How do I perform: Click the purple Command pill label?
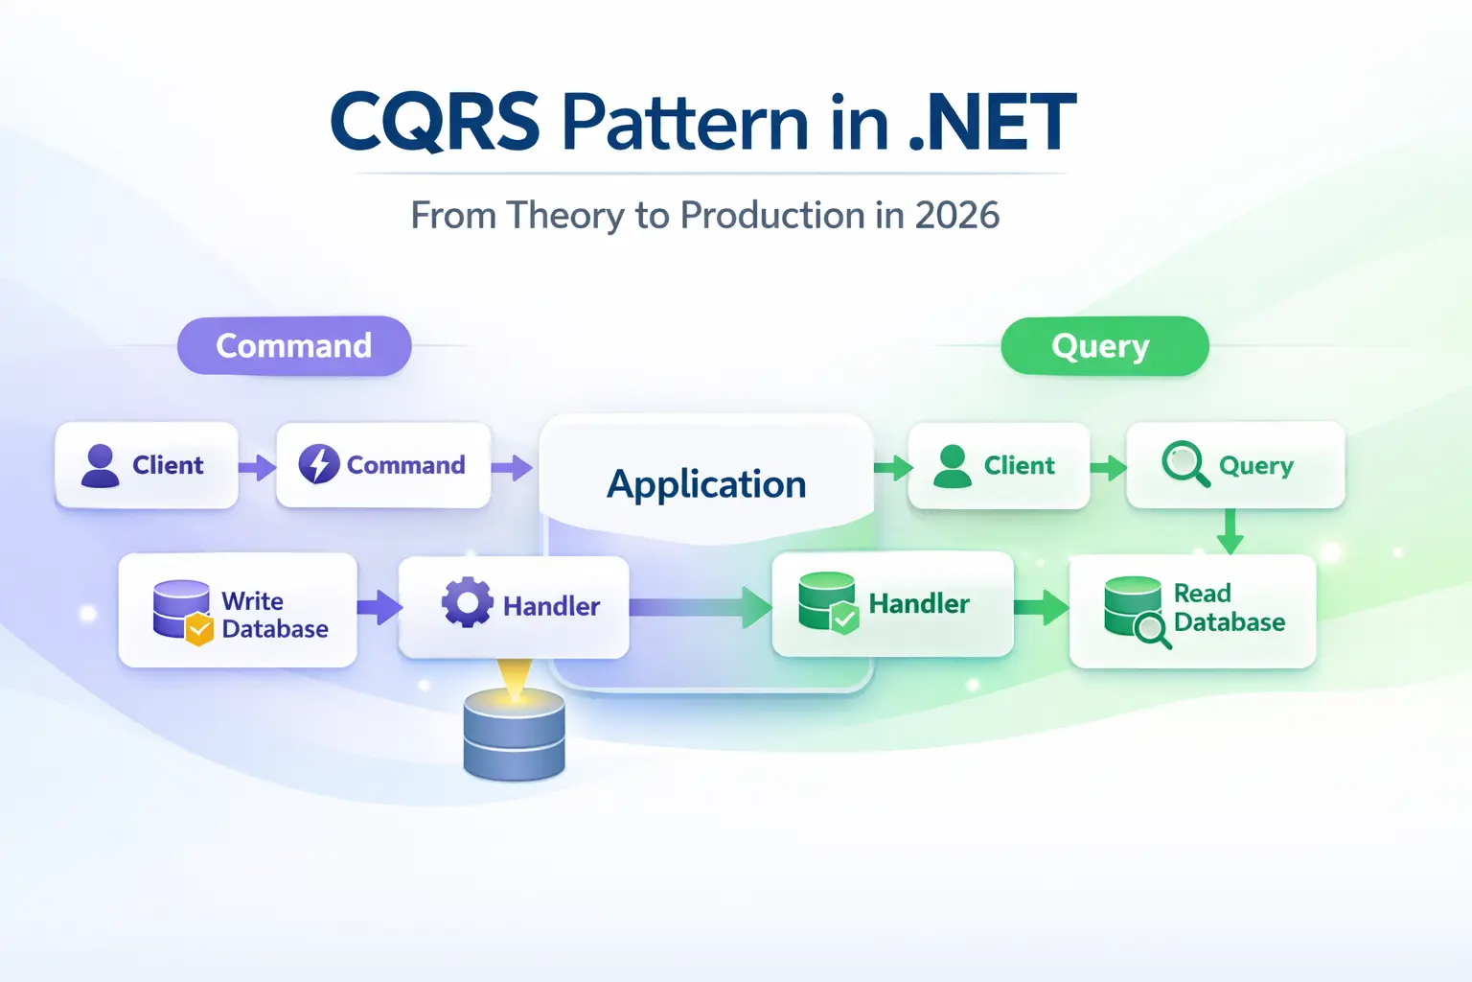coord(293,346)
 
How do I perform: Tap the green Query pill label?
coord(1103,346)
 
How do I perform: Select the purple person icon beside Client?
coord(100,466)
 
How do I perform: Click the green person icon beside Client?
coord(952,466)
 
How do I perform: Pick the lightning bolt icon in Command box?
coord(319,465)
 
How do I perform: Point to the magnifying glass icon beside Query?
coord(1184,464)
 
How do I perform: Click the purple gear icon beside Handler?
coord(467,603)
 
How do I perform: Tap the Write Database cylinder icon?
coord(182,612)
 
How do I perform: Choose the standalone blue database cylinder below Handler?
coord(514,734)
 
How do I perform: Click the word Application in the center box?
coord(706,484)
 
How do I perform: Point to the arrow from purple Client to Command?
coord(257,467)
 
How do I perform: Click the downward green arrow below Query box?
coord(1230,532)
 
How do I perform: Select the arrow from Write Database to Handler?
coord(379,607)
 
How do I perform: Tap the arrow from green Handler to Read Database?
coord(1042,607)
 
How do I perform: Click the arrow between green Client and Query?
coord(1109,468)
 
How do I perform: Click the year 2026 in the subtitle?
coord(956,216)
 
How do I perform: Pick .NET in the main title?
coord(992,123)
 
